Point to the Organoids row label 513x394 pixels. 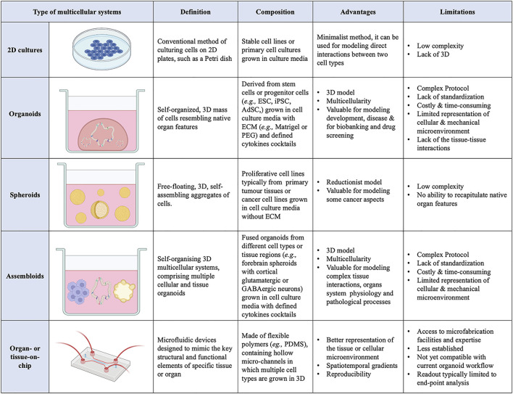coord(25,133)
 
